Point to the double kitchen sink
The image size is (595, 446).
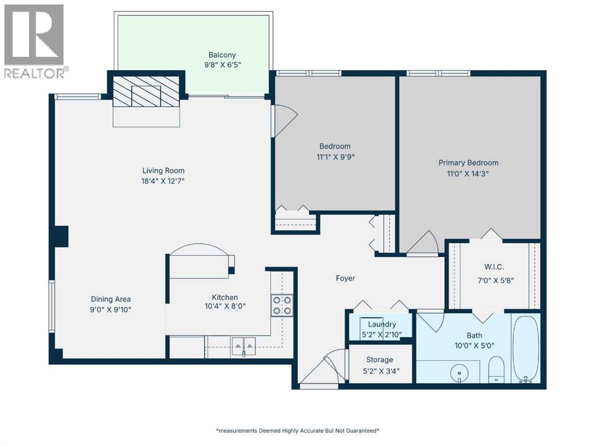click(x=244, y=346)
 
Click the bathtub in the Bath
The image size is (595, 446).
click(x=526, y=348)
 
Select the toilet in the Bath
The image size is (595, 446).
click(x=496, y=371)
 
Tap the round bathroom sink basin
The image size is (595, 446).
click(x=459, y=371)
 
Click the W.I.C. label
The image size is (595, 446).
click(x=494, y=268)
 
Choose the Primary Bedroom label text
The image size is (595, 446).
click(x=468, y=163)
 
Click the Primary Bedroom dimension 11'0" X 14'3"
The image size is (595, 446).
click(x=468, y=173)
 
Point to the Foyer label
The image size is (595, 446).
click(x=345, y=278)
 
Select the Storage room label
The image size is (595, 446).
click(x=379, y=359)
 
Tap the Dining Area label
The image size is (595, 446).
click(x=106, y=299)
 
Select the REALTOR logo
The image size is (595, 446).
click(x=35, y=41)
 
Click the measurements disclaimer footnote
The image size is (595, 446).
click(x=297, y=431)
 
